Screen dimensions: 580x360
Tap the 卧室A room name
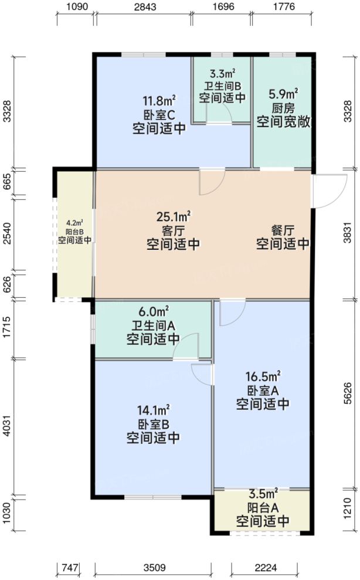click(263, 390)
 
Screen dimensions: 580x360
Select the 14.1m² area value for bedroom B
click(153, 409)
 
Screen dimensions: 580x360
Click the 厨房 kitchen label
click(283, 108)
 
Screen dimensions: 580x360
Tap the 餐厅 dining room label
click(283, 229)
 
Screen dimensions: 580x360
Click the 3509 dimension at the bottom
click(153, 568)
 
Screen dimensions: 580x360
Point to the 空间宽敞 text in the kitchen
click(283, 124)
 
